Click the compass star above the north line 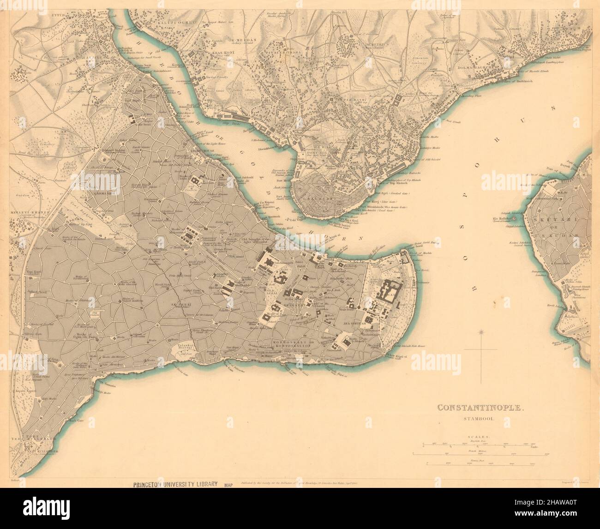coord(481,331)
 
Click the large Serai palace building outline coord(387,292)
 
